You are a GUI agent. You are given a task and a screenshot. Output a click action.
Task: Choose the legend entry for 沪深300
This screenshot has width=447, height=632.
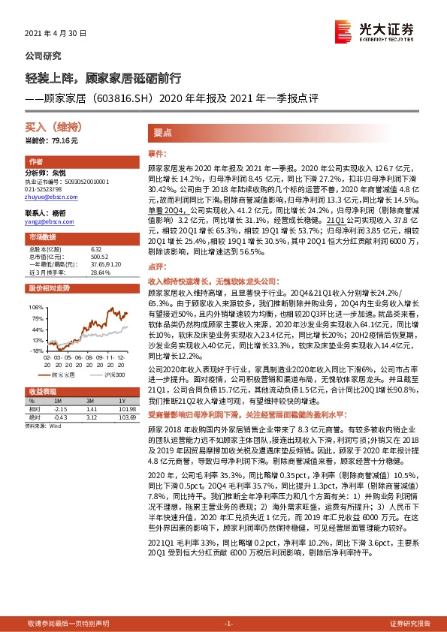[110, 373]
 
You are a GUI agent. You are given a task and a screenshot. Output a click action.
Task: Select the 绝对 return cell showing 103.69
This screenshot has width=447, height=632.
[119, 417]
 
